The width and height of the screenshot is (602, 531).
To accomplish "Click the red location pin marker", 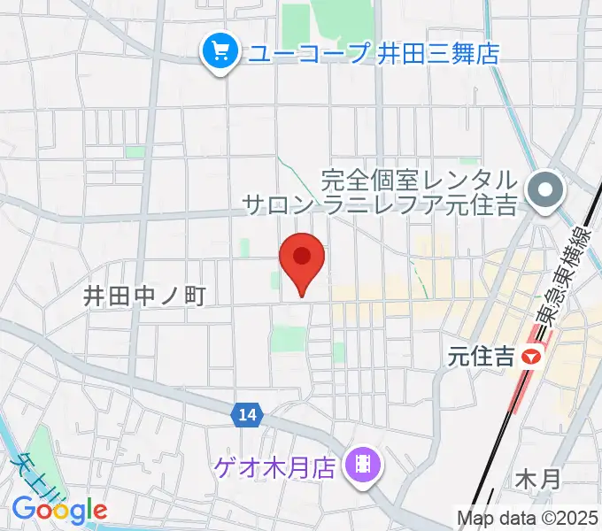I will click(302, 259).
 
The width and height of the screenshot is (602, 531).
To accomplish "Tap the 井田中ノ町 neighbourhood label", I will click(144, 296).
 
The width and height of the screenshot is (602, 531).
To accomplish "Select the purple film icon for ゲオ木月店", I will click(361, 462).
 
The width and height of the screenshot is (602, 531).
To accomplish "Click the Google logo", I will click(58, 509).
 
